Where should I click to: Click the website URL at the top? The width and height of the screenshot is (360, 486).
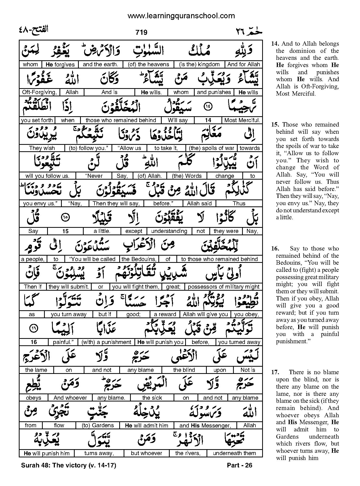(181, 16)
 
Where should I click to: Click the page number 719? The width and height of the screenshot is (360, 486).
(141, 32)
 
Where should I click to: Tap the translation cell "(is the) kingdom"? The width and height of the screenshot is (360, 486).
(200, 64)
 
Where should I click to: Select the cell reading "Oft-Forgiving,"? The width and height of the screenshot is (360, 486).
(39, 92)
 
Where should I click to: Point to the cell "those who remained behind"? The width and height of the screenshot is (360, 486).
(121, 120)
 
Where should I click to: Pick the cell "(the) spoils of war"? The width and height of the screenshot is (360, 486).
(212, 148)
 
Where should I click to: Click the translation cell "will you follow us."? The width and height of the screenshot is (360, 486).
(47, 176)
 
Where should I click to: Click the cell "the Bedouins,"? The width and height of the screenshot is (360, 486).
(139, 259)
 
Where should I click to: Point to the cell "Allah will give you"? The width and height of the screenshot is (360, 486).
(205, 314)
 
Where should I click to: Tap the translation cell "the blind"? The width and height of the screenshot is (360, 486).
(184, 370)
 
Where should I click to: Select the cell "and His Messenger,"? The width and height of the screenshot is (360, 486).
(205, 425)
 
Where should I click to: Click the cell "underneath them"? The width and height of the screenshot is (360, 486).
(234, 453)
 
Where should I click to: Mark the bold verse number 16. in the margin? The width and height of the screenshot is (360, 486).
(275, 249)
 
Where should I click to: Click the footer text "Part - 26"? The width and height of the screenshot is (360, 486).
(239, 465)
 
